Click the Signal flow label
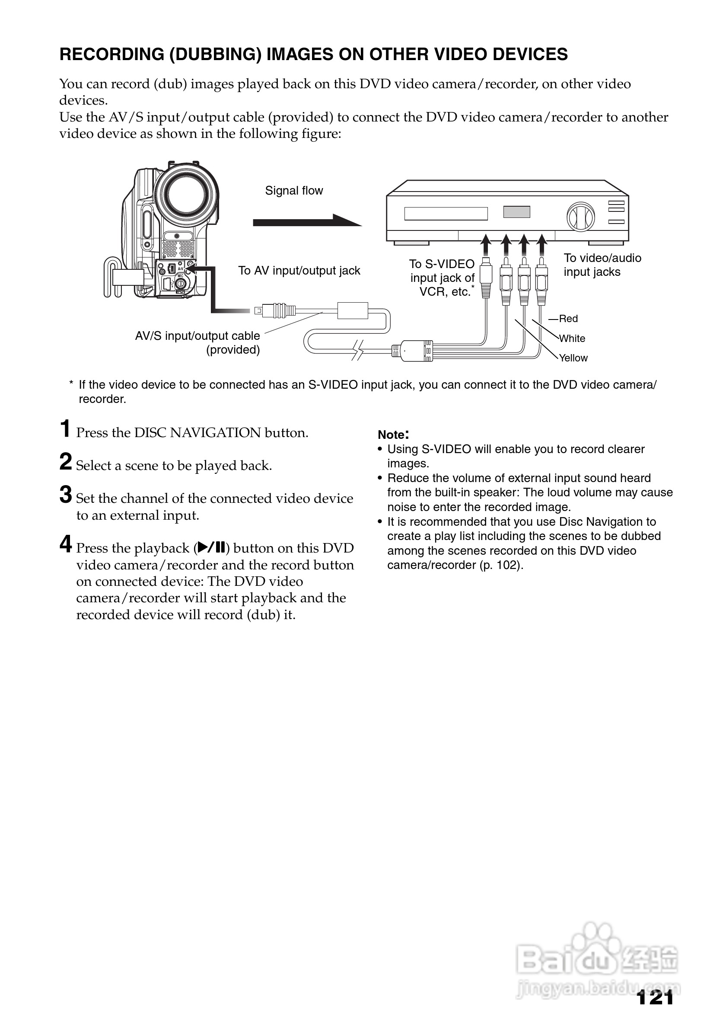point(294,191)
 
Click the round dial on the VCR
point(580,217)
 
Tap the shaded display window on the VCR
point(516,212)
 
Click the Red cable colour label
point(568,319)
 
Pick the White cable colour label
point(572,339)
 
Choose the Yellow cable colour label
point(573,358)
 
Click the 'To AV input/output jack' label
point(299,271)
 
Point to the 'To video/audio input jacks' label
point(602,265)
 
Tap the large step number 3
point(66,495)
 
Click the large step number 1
point(66,429)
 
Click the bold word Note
point(392,435)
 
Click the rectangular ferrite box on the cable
point(353,310)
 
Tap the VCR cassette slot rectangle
point(446,214)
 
